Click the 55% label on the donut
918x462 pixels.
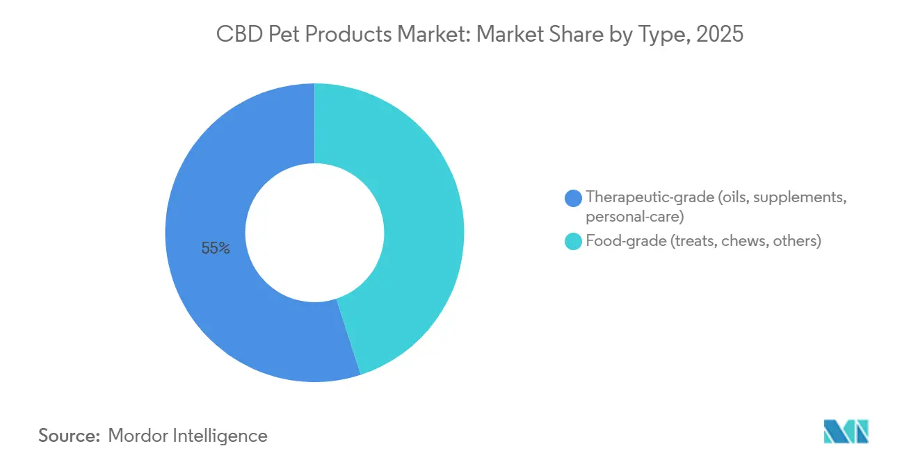pos(216,248)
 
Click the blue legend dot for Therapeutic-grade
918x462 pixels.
pos(574,198)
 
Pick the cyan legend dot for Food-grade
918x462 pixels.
pos(574,242)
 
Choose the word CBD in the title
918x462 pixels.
pos(239,35)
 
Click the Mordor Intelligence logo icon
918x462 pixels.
pos(846,431)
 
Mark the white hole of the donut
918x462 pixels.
pos(314,233)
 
